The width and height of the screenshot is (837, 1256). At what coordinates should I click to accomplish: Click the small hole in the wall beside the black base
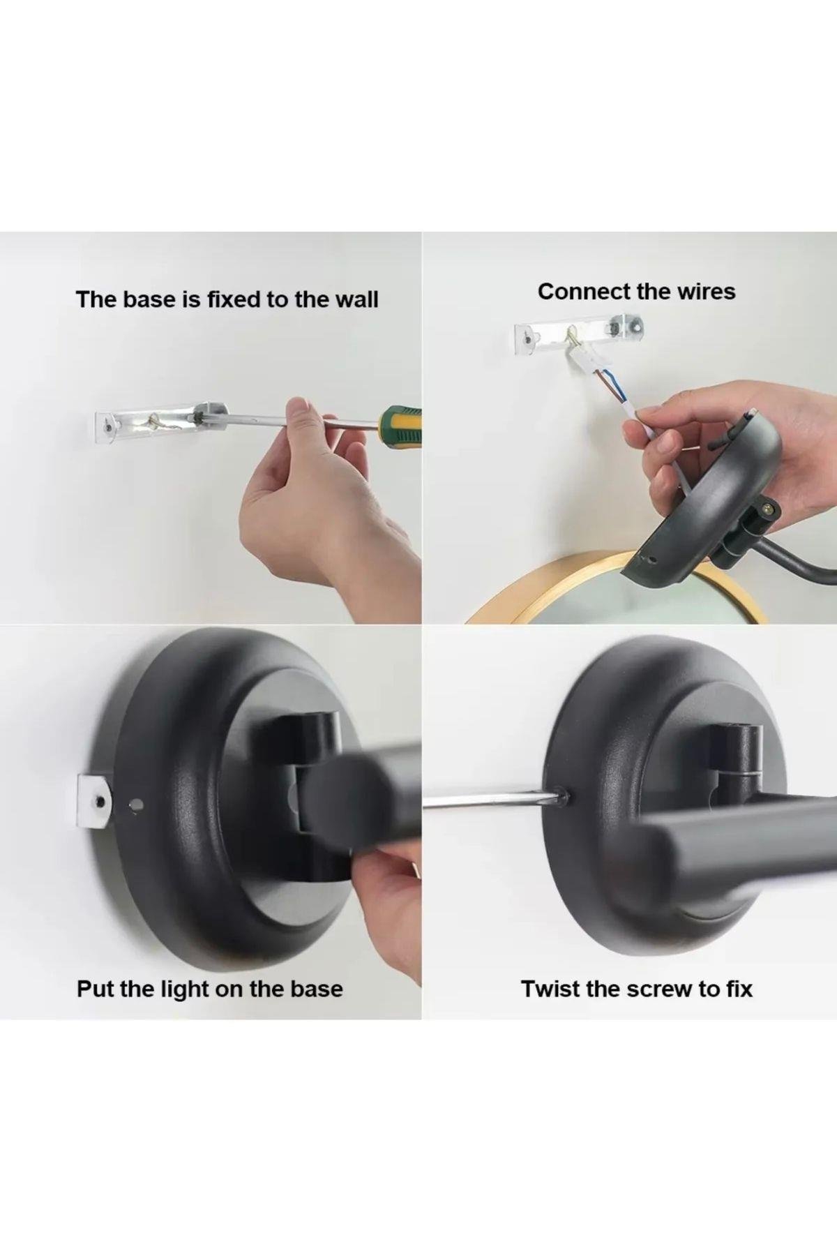[136, 805]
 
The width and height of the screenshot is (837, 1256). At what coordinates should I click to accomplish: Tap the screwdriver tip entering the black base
[560, 793]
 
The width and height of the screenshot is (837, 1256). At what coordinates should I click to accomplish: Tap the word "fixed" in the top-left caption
[234, 299]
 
